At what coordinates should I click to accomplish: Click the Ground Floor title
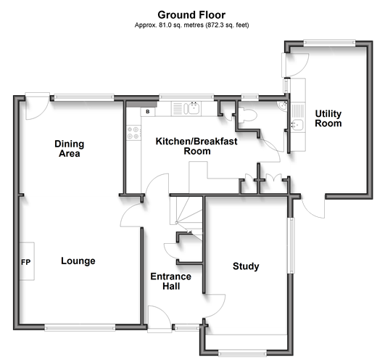point(191,15)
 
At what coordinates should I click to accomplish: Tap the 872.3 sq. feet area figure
point(227,25)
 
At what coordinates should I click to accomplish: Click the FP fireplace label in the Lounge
point(25,262)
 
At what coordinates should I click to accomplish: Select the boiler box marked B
point(148,112)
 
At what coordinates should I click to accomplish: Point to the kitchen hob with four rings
point(133,133)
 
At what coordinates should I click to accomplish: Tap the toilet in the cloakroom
point(247,115)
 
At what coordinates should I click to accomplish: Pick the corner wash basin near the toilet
point(282,106)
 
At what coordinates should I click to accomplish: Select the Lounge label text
point(78,261)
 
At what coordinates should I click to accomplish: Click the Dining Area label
point(70,149)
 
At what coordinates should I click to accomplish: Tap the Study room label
point(246,266)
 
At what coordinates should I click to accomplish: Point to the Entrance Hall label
point(171,281)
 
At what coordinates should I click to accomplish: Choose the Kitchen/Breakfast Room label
point(196,146)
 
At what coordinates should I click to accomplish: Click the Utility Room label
point(328,118)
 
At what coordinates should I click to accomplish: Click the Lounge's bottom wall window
point(80,328)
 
